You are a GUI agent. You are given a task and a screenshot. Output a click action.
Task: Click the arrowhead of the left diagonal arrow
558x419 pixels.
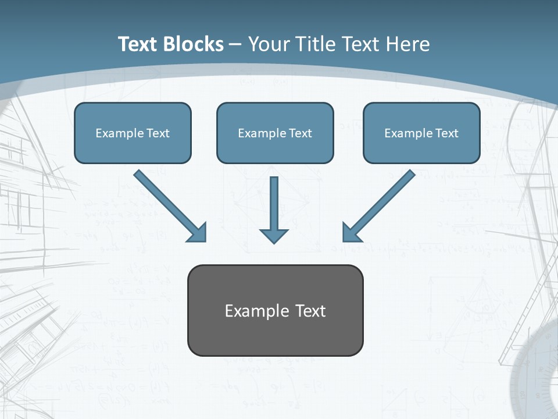coord(198,233)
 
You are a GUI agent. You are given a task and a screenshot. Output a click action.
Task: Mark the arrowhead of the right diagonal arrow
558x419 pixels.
coord(351,233)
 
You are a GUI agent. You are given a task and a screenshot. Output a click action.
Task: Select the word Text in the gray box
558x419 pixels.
coord(310,311)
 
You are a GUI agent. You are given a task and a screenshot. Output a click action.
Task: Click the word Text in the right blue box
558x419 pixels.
coord(446,133)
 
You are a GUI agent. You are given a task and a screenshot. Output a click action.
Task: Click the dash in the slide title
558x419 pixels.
coord(235,44)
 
